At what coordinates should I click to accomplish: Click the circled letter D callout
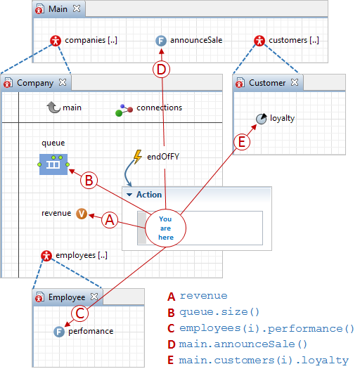(x=161, y=70)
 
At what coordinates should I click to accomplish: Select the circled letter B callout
(x=89, y=180)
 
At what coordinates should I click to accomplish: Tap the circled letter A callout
(x=110, y=220)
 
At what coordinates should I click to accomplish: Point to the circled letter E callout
(x=242, y=142)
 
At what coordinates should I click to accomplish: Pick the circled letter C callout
(x=80, y=313)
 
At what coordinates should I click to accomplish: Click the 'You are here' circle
(x=166, y=228)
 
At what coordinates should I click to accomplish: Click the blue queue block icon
(x=53, y=164)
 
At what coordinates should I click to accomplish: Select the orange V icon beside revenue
(x=82, y=214)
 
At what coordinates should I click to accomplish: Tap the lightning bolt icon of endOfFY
(x=138, y=157)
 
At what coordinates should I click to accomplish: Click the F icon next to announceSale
(x=161, y=41)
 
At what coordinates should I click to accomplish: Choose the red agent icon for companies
(x=56, y=41)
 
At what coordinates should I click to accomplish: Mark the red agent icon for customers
(x=259, y=41)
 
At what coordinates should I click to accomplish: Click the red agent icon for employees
(x=46, y=256)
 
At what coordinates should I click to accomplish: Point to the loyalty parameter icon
(x=262, y=119)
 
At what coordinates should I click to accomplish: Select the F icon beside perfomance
(x=59, y=332)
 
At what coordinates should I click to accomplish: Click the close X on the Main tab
(x=77, y=8)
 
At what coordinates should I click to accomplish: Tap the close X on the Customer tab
(x=295, y=82)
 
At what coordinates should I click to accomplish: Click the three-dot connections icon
(x=124, y=110)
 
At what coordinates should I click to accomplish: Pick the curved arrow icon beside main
(x=53, y=108)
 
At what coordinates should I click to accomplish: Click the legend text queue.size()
(x=219, y=312)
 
